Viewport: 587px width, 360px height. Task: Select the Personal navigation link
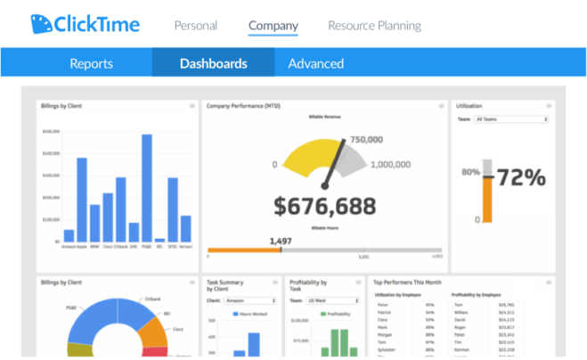pyautogui.click(x=195, y=26)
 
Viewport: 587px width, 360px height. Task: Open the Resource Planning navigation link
pyautogui.click(x=374, y=26)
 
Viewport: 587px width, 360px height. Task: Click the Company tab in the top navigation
pyautogui.click(x=273, y=26)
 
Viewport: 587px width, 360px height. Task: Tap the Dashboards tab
pyautogui.click(x=213, y=63)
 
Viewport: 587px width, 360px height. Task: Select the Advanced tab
pyautogui.click(x=315, y=63)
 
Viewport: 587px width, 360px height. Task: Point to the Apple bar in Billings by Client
pyautogui.click(x=82, y=200)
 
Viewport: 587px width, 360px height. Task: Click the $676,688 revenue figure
pyautogui.click(x=324, y=207)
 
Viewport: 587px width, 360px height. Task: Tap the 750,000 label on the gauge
pyautogui.click(x=366, y=140)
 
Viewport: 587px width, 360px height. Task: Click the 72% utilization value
pyautogui.click(x=520, y=178)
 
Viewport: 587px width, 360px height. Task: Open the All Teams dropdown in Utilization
pyautogui.click(x=511, y=119)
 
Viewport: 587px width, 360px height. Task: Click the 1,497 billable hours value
pyautogui.click(x=281, y=241)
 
